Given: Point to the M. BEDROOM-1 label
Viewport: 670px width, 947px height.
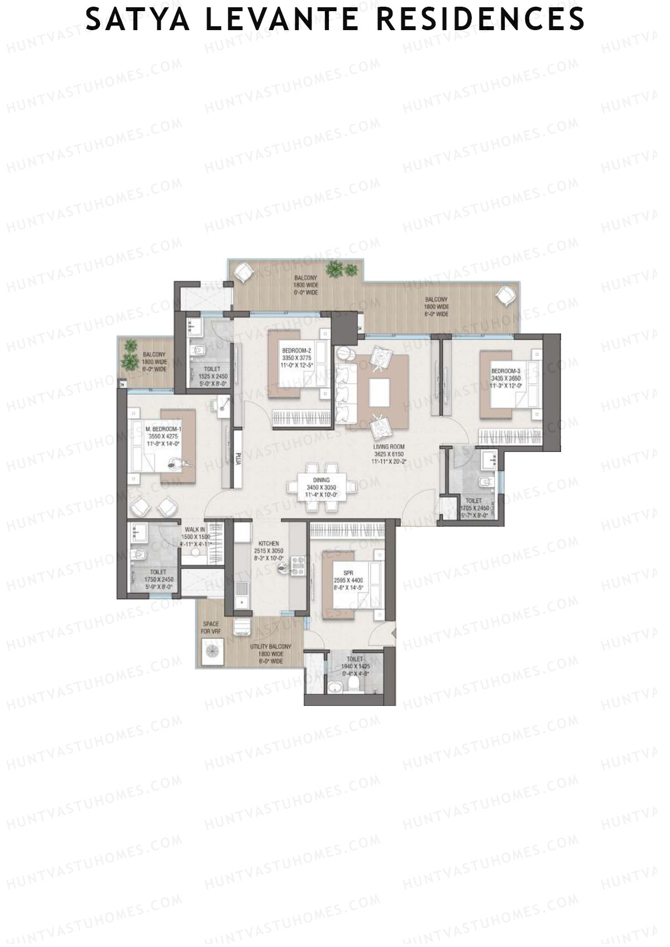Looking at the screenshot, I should [164, 429].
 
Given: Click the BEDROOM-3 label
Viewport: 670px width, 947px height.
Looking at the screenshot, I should [506, 371].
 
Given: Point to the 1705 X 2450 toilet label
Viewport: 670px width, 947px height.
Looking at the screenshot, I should [474, 508].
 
